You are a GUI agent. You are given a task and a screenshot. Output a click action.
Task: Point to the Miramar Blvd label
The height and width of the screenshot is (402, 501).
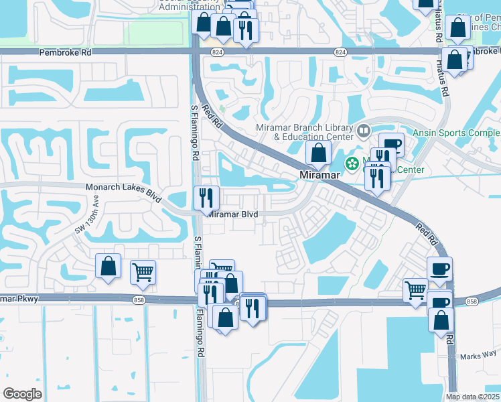232,214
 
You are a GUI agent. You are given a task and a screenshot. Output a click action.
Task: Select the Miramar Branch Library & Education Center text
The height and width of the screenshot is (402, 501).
305,132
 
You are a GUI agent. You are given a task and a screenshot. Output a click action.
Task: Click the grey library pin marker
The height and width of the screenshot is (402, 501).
364,129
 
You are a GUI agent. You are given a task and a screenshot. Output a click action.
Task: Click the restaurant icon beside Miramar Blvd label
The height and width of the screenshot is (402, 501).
206,198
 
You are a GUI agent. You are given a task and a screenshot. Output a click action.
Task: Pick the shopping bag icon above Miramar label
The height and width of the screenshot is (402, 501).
318,153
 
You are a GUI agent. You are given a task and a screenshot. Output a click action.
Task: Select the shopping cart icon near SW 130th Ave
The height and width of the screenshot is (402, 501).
143,272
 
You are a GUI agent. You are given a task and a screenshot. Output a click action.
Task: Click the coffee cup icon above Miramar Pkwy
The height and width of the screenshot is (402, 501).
439,269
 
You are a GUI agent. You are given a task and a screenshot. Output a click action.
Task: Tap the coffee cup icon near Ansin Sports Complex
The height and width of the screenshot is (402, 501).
391,145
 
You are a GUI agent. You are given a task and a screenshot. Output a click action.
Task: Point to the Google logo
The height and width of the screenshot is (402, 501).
23,393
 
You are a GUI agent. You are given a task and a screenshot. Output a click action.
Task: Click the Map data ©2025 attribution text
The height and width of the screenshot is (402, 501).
473,397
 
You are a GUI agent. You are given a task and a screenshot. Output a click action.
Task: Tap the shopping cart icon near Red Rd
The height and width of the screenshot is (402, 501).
415,291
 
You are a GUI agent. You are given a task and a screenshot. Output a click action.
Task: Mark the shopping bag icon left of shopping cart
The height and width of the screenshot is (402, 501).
108,266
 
